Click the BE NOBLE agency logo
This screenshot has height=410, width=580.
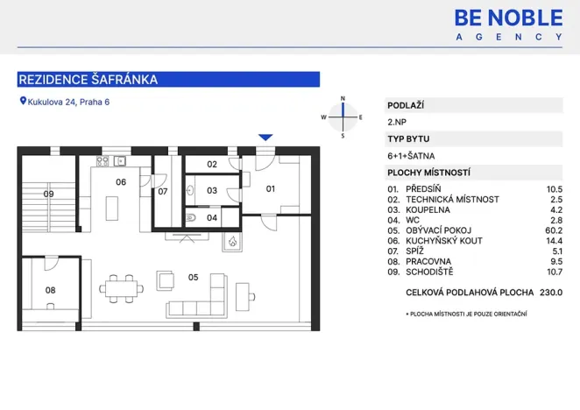[x=508, y=24]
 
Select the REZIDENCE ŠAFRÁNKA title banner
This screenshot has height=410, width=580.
[x=168, y=80]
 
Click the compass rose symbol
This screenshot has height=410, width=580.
[x=343, y=117]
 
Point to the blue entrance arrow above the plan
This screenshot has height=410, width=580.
[x=265, y=137]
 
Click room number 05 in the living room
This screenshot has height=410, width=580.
[x=193, y=278]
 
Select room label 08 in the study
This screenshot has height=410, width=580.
[x=50, y=289]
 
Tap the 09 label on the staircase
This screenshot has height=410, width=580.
[x=49, y=194]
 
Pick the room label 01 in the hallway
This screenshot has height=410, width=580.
[x=271, y=188]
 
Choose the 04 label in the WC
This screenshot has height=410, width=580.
[x=212, y=217]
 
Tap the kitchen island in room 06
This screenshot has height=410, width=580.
[x=112, y=209]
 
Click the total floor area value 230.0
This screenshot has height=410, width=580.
[x=551, y=293]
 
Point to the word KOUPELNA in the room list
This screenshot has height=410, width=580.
[x=428, y=210]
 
